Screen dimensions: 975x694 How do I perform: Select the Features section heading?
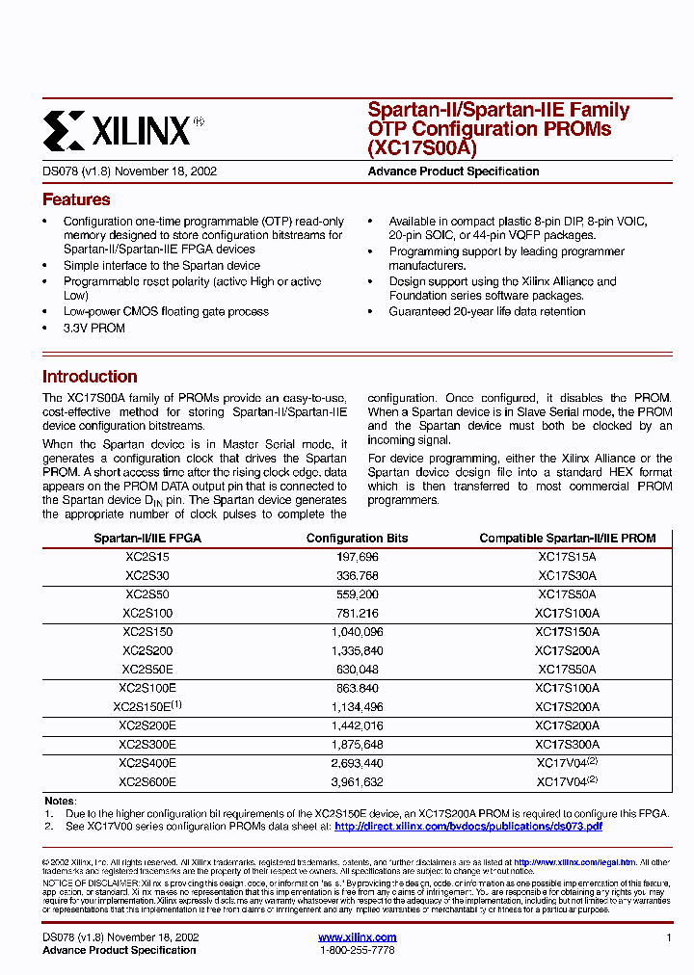click(x=76, y=200)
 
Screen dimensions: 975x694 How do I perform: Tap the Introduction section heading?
click(x=90, y=377)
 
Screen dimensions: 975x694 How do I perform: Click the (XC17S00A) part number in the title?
click(x=422, y=148)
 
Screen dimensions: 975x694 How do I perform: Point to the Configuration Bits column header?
click(x=357, y=539)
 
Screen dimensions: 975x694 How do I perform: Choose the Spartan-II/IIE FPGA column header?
click(x=147, y=539)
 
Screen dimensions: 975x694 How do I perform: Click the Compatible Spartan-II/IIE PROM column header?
click(x=567, y=539)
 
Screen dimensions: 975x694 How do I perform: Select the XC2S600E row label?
click(x=147, y=782)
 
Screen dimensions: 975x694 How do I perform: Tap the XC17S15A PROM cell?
click(x=567, y=557)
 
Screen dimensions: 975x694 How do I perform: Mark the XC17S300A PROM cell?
click(x=567, y=745)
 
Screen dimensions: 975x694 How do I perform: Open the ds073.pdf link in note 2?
click(x=468, y=827)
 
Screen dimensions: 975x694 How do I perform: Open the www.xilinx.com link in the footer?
click(x=357, y=937)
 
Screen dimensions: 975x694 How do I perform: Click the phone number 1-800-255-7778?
click(x=357, y=950)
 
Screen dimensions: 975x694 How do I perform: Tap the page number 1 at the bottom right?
click(x=668, y=937)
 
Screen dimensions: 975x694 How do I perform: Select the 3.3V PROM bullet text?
click(x=94, y=329)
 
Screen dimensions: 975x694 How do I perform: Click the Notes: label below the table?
click(x=59, y=802)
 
